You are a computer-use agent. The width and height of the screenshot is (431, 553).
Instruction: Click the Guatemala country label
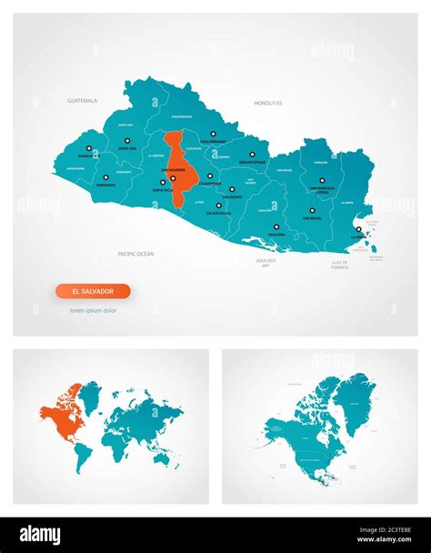coord(82,101)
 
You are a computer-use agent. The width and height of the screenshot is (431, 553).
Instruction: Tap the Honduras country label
coord(268,103)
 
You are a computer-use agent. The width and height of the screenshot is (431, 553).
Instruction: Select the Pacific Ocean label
coord(135,253)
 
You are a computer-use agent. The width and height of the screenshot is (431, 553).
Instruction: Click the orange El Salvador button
coord(93,291)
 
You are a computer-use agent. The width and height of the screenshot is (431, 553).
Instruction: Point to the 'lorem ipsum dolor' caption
coord(93,311)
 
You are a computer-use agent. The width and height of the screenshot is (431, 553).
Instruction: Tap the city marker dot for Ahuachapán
coord(88,147)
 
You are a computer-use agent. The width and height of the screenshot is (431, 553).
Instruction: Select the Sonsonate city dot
coord(105,176)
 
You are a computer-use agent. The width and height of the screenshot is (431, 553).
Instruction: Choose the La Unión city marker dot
coord(358,229)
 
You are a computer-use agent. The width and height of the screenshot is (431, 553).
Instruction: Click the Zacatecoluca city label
coord(218,213)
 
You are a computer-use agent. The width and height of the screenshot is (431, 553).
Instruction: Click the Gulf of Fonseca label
coord(338,265)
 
